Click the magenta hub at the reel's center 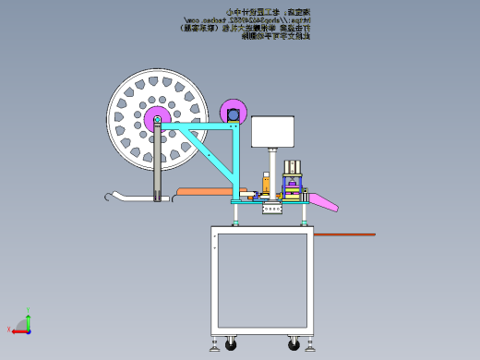point(153,119)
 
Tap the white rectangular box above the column point(272,131)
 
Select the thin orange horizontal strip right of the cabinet point(346,234)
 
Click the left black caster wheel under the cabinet point(230,345)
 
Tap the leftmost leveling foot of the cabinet point(214,346)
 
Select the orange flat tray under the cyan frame point(203,191)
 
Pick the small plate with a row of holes point(272,210)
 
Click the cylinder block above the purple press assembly point(294,168)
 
